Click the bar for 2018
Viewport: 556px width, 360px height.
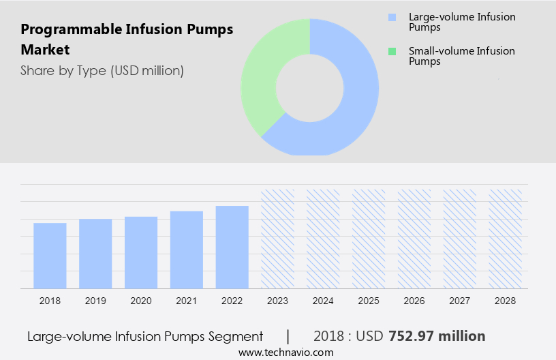pyautogui.click(x=50, y=256)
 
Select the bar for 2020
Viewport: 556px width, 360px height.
pyautogui.click(x=141, y=252)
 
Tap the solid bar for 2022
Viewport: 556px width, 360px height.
pyautogui.click(x=232, y=247)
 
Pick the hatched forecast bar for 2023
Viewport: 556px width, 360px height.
pyautogui.click(x=277, y=239)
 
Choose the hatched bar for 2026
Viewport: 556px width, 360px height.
pyautogui.click(x=414, y=239)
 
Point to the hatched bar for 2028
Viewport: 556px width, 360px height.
pyautogui.click(x=506, y=239)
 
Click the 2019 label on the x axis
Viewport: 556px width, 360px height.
pyautogui.click(x=95, y=301)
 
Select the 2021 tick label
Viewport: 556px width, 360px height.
pyautogui.click(x=187, y=301)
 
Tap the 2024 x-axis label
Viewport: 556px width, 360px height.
pyautogui.click(x=323, y=301)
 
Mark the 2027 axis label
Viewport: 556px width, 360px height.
pyautogui.click(x=460, y=301)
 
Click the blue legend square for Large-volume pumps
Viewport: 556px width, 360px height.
pyautogui.click(x=391, y=17)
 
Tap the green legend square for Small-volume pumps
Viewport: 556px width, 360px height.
pyautogui.click(x=391, y=51)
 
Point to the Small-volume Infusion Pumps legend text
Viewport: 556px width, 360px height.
pyautogui.click(x=461, y=56)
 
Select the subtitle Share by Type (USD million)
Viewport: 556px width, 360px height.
pyautogui.click(x=102, y=70)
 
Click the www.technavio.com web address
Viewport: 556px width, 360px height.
pyautogui.click(x=286, y=352)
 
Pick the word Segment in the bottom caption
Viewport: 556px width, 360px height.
pyautogui.click(x=239, y=336)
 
